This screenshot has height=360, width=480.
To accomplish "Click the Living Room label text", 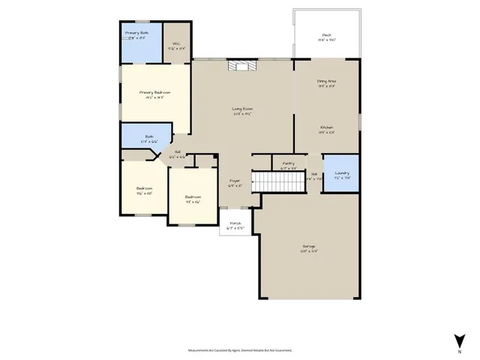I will (241, 111).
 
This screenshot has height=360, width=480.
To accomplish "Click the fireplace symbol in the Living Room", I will (241, 66).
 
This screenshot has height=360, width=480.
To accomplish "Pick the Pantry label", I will (288, 165).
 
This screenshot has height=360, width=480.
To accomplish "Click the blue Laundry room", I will (341, 173).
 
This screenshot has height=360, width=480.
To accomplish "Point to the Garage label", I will (308, 248).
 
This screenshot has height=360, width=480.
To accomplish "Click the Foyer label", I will (235, 183).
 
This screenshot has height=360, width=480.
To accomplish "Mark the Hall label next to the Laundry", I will (314, 177).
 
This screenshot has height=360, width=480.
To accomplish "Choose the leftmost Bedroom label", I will (144, 190).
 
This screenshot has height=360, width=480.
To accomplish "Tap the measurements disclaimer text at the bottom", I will (239, 349).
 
